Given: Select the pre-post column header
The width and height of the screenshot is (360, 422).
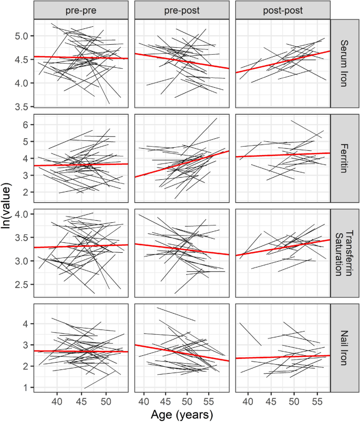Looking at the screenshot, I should (182, 9).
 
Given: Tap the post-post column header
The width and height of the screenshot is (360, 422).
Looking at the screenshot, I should (282, 9).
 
